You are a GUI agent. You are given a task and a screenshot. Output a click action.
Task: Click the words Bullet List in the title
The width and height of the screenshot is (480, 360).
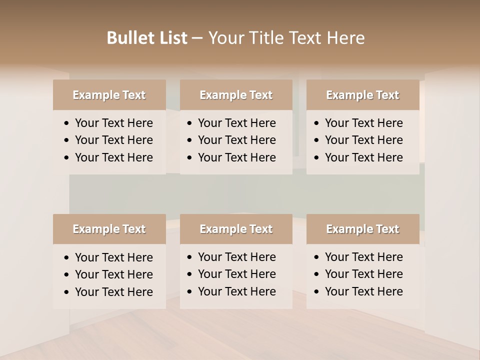click(147, 38)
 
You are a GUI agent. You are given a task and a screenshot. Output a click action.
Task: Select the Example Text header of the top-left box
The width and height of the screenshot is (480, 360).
click(109, 95)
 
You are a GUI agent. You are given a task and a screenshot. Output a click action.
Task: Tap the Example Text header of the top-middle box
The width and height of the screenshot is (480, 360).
click(236, 95)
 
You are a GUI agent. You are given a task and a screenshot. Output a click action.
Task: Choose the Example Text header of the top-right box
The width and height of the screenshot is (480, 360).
click(362, 95)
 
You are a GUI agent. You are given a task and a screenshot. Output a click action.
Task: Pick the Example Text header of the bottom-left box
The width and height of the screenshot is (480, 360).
click(109, 229)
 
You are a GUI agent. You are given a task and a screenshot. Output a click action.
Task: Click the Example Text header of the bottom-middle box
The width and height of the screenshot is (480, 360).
click(236, 229)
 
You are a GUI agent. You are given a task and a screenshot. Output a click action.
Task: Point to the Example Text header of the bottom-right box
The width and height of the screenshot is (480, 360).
click(362, 229)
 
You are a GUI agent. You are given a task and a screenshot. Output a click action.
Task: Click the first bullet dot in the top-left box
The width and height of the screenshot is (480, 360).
click(67, 123)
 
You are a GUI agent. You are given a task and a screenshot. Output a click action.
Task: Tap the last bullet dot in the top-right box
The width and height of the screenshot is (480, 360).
click(317, 158)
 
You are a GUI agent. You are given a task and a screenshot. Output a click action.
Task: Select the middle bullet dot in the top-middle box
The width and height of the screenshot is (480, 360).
click(190, 140)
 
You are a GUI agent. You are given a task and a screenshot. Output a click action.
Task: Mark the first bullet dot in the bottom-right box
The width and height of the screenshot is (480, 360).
click(317, 257)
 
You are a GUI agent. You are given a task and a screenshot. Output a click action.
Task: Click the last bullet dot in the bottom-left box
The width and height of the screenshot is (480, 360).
click(67, 292)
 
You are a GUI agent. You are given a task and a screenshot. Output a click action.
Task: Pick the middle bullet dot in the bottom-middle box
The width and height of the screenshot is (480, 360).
click(190, 274)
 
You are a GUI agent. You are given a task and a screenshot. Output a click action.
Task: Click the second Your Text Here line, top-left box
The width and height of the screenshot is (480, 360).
click(114, 140)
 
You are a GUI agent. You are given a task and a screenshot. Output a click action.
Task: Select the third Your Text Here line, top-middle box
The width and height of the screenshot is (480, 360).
click(237, 157)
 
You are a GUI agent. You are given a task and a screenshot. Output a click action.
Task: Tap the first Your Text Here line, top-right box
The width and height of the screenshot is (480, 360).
click(364, 123)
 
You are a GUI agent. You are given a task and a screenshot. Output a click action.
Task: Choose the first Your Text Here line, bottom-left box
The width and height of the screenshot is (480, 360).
click(114, 257)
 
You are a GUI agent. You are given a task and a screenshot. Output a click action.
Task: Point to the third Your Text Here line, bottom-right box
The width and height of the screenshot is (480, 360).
click(364, 291)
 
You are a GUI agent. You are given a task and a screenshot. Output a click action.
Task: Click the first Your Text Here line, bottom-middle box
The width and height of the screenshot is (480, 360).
click(237, 257)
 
